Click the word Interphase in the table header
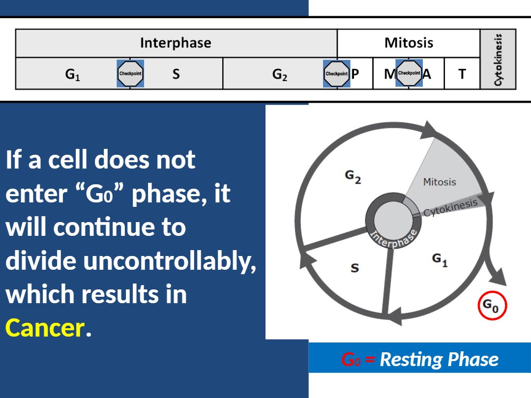point(176,43)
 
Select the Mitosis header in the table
point(409,43)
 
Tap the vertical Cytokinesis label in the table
point(498,59)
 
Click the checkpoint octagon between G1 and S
point(130,73)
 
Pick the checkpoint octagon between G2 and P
point(337,73)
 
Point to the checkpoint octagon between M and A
point(409,73)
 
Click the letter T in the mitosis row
point(462,74)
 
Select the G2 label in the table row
point(280,75)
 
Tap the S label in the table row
point(176,74)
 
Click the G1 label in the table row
point(72,75)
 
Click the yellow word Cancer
point(45,328)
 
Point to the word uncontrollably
point(170,261)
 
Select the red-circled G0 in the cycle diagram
point(492,305)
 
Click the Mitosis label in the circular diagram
point(440,182)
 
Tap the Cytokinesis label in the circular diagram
point(450,208)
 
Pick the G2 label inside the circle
point(353,177)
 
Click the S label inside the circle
point(354,268)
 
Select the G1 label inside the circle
point(440,260)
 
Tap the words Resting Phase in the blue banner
point(439,359)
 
